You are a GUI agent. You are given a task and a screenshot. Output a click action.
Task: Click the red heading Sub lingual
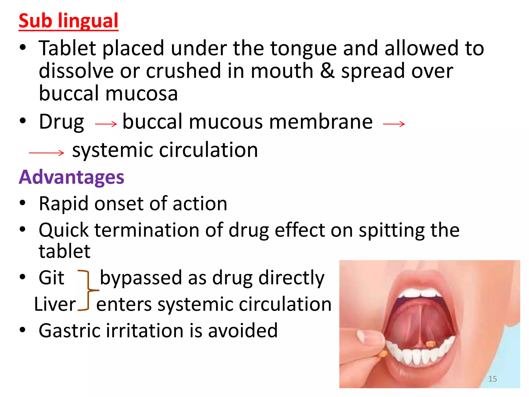click(68, 21)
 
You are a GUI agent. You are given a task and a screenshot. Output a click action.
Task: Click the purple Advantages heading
click(72, 177)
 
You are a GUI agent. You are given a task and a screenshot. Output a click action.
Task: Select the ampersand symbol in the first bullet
click(327, 71)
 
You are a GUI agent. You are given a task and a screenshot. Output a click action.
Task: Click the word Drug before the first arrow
click(61, 122)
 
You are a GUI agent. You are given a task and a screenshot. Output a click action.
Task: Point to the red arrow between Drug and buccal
click(106, 124)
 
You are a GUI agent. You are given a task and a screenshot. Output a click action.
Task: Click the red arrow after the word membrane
click(394, 124)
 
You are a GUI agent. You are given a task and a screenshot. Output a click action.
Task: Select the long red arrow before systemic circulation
click(46, 153)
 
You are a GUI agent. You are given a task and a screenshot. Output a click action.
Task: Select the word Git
click(51, 278)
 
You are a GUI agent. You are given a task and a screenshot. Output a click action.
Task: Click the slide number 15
click(493, 379)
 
